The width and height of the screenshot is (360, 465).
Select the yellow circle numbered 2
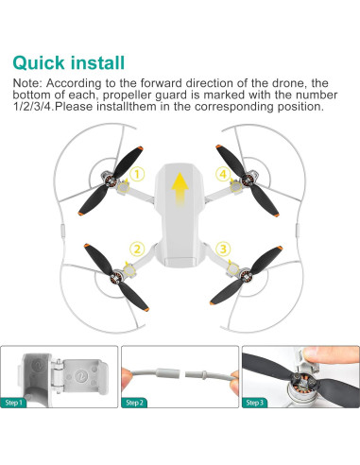pos(137,249)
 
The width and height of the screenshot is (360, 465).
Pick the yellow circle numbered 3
pos(222,249)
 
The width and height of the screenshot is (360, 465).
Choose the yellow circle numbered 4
pos(222,173)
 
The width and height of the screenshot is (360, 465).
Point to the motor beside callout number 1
pos(121,176)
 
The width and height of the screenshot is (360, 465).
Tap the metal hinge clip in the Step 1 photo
pos(59,383)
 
